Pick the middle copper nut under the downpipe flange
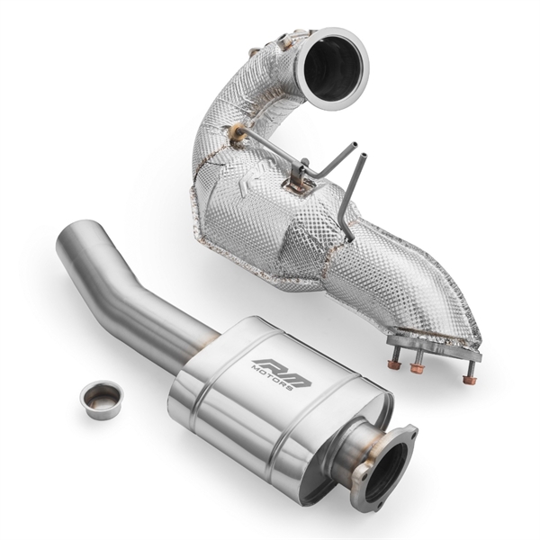click(418, 367)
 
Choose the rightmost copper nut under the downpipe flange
click(468, 379)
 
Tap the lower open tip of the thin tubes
click(364, 157)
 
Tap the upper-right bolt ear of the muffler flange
click(409, 434)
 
